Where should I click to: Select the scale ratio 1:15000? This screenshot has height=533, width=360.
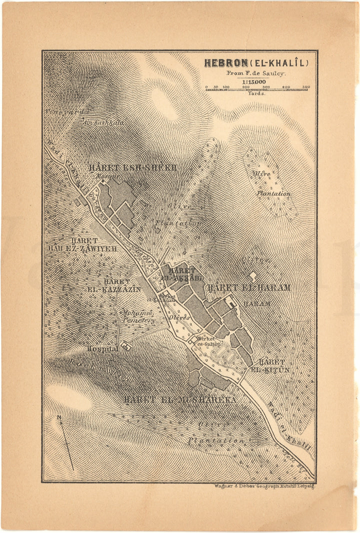tap(255, 81)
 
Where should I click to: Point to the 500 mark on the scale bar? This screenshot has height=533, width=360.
tap(305, 87)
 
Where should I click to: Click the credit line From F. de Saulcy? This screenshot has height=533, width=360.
tap(255, 72)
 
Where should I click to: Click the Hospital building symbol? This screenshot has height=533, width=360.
tap(124, 347)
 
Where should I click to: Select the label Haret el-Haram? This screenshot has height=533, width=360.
tap(248, 287)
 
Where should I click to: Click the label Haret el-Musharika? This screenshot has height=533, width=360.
tap(180, 399)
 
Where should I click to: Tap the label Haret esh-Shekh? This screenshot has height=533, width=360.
tap(132, 167)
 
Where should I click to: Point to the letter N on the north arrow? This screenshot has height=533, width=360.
tap(59, 417)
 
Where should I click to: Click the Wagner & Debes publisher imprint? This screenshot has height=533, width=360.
tap(264, 486)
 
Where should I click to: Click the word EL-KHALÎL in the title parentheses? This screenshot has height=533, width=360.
tap(284, 63)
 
